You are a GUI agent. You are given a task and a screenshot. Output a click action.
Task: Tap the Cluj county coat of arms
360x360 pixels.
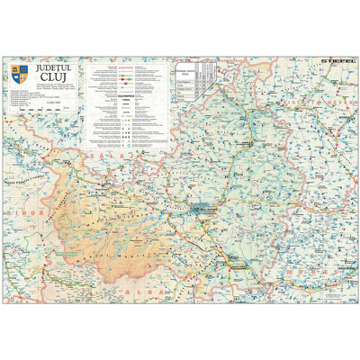[18, 70]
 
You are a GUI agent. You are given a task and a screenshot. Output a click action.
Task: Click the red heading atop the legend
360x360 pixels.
[126, 66]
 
